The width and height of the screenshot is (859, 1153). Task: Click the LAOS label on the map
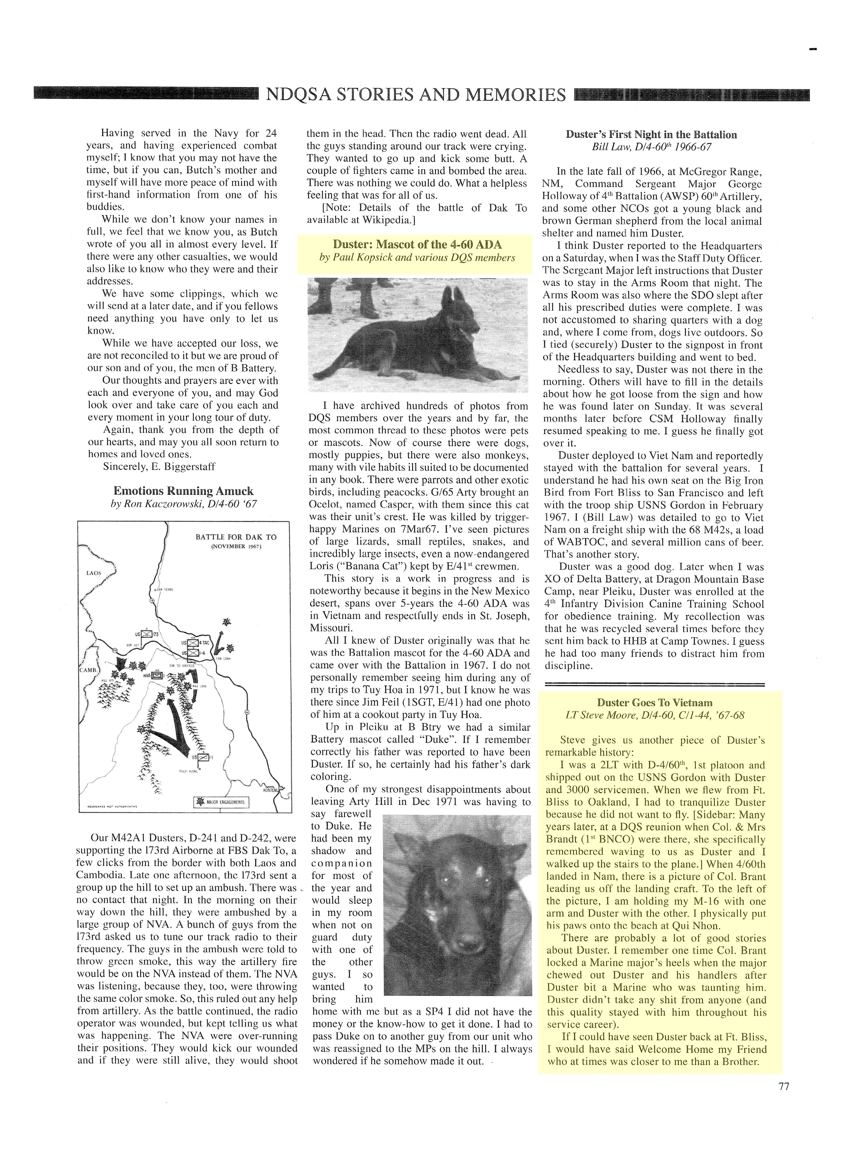93,573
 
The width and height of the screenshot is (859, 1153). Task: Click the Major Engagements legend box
221,802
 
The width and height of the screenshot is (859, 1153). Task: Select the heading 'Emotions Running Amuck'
183,491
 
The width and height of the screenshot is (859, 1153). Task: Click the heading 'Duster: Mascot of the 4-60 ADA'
417,244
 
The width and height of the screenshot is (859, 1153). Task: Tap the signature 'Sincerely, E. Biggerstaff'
159,466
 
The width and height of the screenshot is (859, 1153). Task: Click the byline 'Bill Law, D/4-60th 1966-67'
651,147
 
